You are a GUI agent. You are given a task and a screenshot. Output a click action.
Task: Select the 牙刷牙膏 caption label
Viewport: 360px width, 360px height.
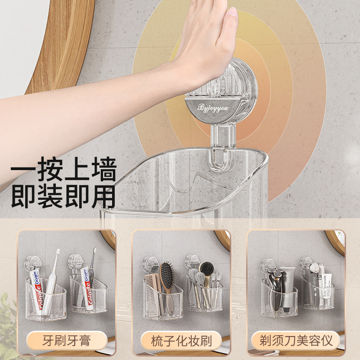tap(67, 340)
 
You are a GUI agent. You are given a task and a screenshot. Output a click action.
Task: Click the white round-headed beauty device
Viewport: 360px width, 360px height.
tap(315, 274)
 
